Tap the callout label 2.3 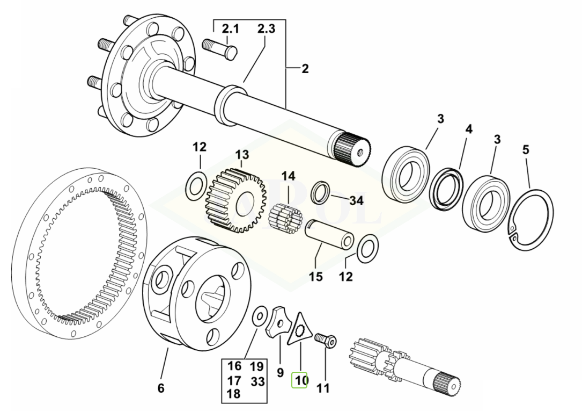(x=266, y=29)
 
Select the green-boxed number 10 (x=299, y=380)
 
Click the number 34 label (x=356, y=200)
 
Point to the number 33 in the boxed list (x=257, y=381)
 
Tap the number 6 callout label (x=161, y=388)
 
